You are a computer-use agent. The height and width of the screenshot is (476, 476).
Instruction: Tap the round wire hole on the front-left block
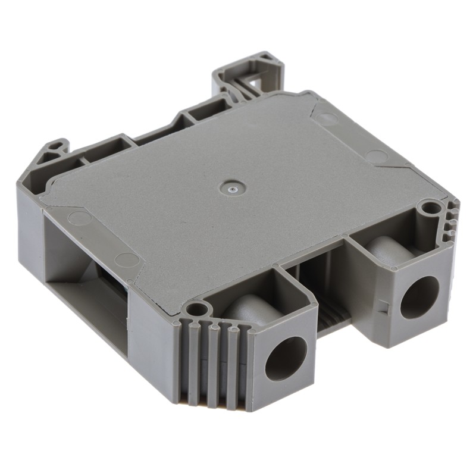(x=286, y=358)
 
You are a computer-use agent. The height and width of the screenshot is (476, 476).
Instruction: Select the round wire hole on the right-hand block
(x=419, y=297)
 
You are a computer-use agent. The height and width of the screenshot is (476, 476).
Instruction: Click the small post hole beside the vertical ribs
(x=198, y=309)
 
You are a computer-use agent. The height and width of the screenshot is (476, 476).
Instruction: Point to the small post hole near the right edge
(x=426, y=208)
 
